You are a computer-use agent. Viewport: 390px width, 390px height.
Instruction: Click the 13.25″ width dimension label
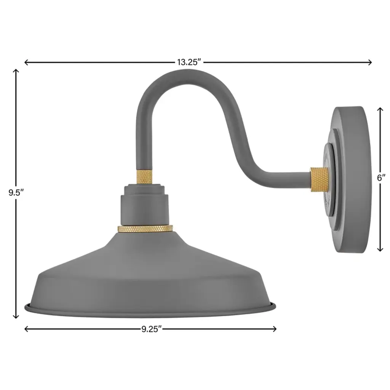tap(189, 62)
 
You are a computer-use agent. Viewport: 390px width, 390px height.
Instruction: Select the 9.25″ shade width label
tap(152, 329)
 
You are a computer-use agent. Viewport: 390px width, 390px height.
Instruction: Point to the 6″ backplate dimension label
tap(381, 178)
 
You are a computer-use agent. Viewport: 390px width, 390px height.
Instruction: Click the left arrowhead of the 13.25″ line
tap(26, 62)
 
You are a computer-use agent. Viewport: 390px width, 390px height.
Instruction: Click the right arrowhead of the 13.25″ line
tap(370, 62)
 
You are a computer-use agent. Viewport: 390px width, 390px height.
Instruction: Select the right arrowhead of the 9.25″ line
tap(275, 329)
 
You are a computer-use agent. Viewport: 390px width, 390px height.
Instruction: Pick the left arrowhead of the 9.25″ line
tap(26, 329)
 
